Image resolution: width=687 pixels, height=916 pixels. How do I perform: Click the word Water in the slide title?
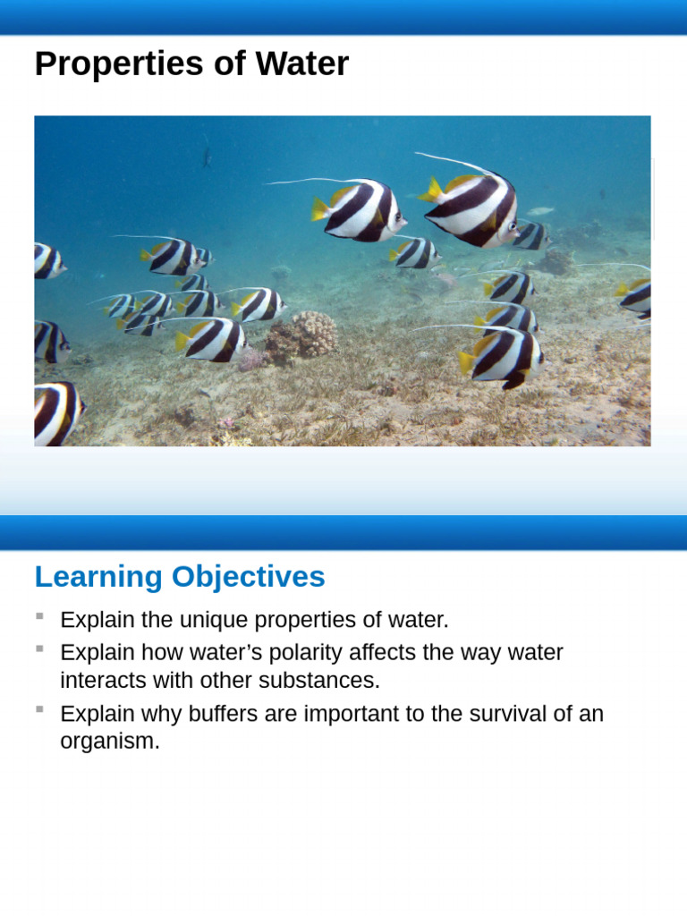[301, 64]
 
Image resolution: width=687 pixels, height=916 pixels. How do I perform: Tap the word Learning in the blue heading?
[99, 577]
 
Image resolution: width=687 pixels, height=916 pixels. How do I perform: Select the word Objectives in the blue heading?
[248, 577]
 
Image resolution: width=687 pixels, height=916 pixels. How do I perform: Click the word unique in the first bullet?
[215, 620]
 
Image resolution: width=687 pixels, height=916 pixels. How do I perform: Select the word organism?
[109, 742]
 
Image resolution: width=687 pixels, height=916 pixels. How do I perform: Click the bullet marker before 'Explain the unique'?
[39, 615]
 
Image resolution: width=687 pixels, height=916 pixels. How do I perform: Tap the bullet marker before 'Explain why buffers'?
[39, 709]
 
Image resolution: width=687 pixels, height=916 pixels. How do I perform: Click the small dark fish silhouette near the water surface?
[207, 158]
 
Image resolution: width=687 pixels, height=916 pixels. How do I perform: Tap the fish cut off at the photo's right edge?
[636, 296]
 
